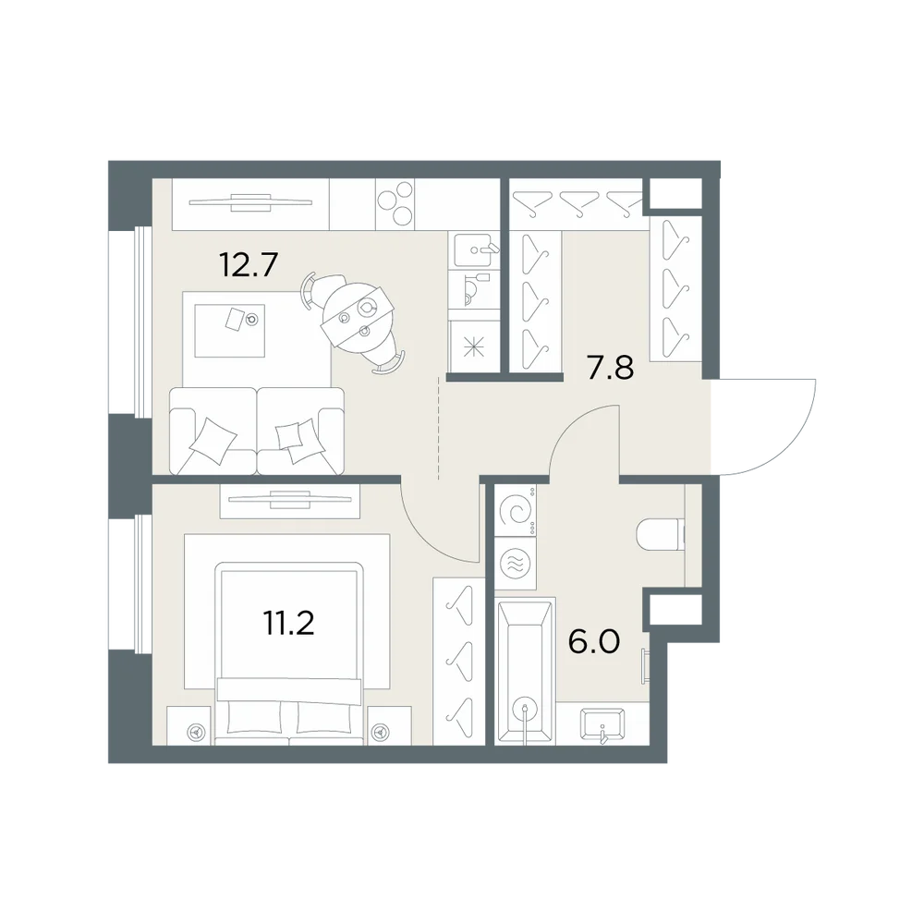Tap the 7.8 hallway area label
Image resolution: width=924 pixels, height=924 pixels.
pyautogui.click(x=610, y=369)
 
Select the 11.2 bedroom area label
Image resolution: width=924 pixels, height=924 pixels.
pyautogui.click(x=288, y=623)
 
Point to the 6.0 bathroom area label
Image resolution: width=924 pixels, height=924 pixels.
pyautogui.click(x=594, y=642)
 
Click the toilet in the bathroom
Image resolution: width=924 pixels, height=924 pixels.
pyautogui.click(x=661, y=534)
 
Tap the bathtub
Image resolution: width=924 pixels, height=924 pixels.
pyautogui.click(x=525, y=671)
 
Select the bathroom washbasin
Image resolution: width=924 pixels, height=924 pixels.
pyautogui.click(x=602, y=724)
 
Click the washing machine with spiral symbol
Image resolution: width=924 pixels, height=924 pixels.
pyautogui.click(x=516, y=511)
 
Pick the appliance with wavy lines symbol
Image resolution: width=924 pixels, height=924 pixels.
pyautogui.click(x=516, y=563)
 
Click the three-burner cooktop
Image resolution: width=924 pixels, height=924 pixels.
pyautogui.click(x=395, y=204)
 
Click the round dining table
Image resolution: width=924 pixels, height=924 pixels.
pyautogui.click(x=358, y=316)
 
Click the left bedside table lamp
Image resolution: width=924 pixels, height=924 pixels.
pyautogui.click(x=194, y=733)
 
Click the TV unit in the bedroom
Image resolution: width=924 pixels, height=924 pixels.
pyautogui.click(x=290, y=502)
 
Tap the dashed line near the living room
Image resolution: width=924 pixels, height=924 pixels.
pyautogui.click(x=439, y=428)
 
